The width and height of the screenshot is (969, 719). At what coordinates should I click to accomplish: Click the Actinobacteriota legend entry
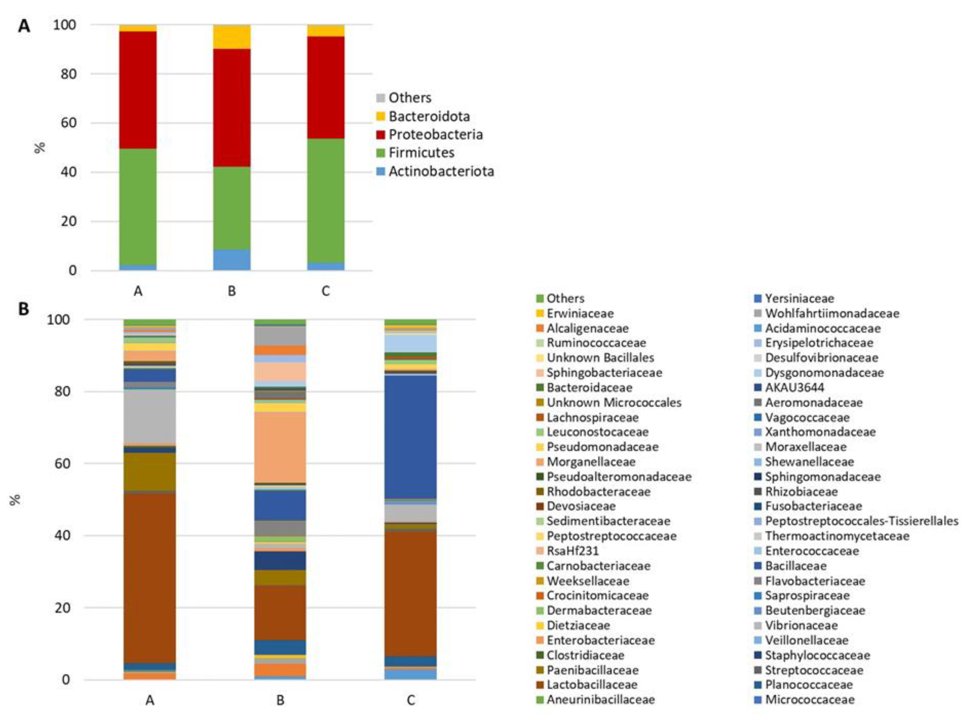coord(441,171)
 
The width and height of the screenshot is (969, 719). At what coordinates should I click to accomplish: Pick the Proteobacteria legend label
coord(435,134)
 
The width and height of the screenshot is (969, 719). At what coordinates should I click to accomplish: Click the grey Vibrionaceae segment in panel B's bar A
coord(150,416)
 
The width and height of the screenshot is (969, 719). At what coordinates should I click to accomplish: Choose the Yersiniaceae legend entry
coord(799,299)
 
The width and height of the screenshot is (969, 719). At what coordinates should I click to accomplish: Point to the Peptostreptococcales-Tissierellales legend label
coord(861,521)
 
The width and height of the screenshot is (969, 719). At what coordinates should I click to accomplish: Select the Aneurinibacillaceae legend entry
coord(600,700)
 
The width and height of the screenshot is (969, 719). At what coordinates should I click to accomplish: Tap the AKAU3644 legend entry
coord(794,387)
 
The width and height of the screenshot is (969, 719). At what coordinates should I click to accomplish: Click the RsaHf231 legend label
coord(572,551)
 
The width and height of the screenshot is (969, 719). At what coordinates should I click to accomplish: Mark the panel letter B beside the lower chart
coord(23,309)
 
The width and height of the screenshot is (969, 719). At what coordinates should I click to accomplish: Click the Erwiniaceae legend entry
coord(580,313)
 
